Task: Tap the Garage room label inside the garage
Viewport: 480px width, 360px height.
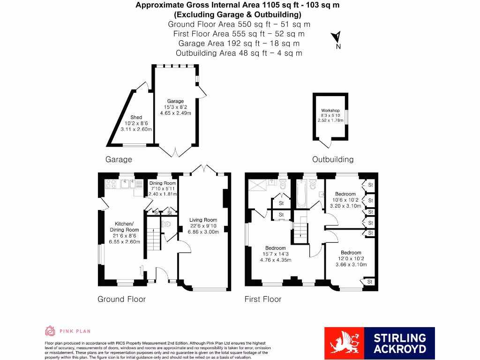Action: pyautogui.click(x=176, y=101)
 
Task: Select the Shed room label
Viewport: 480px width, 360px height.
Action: pyautogui.click(x=136, y=118)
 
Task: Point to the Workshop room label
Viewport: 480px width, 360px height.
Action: pyautogui.click(x=330, y=111)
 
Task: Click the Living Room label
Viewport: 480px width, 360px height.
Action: pyautogui.click(x=203, y=220)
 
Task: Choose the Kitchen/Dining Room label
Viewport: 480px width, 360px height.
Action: pyautogui.click(x=125, y=227)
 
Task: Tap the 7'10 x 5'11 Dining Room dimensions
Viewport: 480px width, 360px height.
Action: pyautogui.click(x=163, y=188)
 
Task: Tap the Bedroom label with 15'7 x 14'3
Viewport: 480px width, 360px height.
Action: pyautogui.click(x=275, y=248)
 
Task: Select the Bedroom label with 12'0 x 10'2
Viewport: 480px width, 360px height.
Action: pyautogui.click(x=351, y=253)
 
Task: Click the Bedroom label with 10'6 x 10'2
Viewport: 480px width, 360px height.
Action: pyautogui.click(x=345, y=194)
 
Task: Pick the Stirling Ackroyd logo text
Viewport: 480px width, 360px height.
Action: pyautogui.click(x=399, y=343)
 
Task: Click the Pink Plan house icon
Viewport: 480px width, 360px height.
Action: pyautogui.click(x=50, y=331)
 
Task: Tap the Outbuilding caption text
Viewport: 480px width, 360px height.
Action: pyautogui.click(x=333, y=159)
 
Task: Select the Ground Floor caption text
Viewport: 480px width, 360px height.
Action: pyautogui.click(x=121, y=299)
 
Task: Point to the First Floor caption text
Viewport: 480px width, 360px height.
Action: pyautogui.click(x=263, y=299)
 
